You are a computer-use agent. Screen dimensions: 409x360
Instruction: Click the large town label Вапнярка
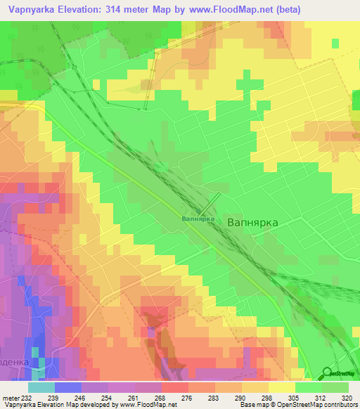point(253,221)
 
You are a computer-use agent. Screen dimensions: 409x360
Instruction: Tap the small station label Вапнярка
point(198,219)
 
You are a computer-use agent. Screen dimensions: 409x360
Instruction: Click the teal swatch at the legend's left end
point(41,387)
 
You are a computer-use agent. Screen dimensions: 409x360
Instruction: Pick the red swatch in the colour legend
point(174,387)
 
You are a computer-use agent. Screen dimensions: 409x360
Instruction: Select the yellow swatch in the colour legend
point(282,387)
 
